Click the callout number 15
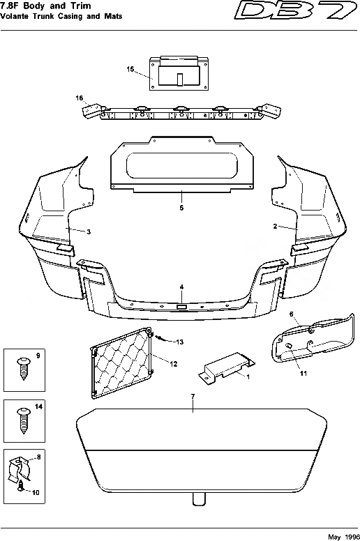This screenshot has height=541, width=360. click(x=130, y=69)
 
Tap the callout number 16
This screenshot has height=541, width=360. click(x=80, y=98)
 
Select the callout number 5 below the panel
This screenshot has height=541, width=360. click(x=181, y=208)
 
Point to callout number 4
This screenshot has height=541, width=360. click(x=181, y=287)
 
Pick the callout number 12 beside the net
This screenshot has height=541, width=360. click(x=174, y=363)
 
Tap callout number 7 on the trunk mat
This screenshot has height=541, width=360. click(x=193, y=397)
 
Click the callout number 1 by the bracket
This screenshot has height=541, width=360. click(x=246, y=376)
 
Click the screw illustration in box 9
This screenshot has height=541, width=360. click(x=22, y=365)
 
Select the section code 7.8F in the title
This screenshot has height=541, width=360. click(x=11, y=5)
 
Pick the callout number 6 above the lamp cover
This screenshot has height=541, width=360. click(x=292, y=314)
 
